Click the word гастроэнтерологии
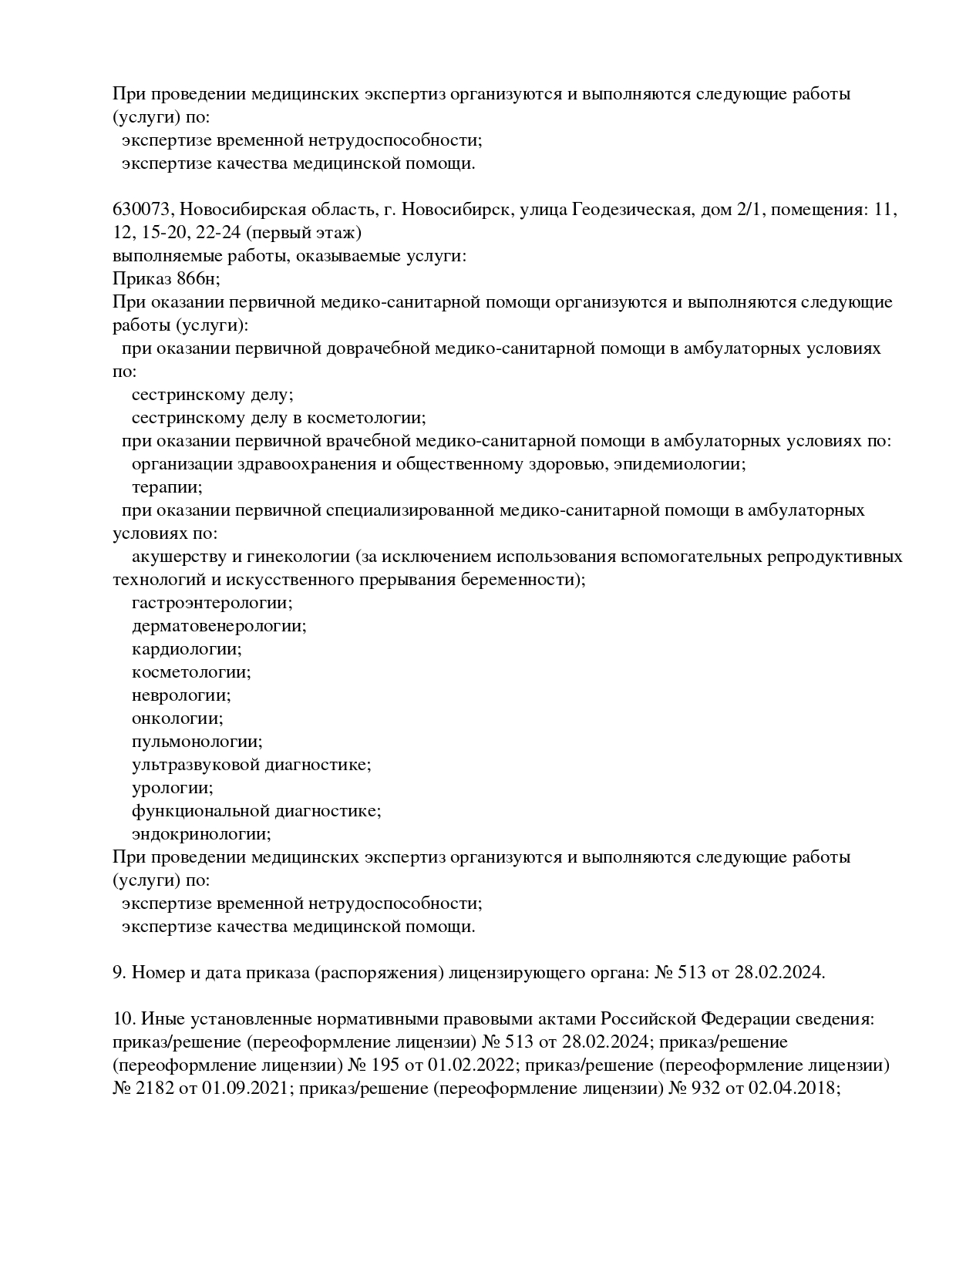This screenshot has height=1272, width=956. coord(212,603)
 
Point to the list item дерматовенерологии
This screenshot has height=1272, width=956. coord(219,626)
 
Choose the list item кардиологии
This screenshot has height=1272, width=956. coord(187,649)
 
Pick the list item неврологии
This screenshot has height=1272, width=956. coord(181,695)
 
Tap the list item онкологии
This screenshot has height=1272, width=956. coord(177,718)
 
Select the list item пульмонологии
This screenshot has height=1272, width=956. coord(197,742)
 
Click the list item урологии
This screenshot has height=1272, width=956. coord(173,788)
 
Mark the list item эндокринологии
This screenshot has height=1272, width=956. coord(201,834)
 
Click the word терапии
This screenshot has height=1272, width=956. coord(167,487)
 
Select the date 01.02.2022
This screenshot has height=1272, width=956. coord(476,1065)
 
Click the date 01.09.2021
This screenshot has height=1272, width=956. coord(245,1089)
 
